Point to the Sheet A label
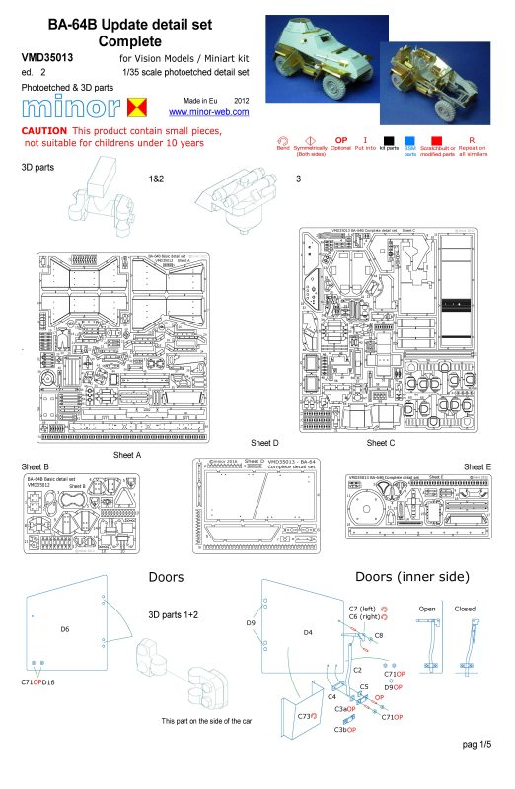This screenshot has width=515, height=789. pyautogui.click(x=127, y=454)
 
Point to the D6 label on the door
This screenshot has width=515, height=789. pyautogui.click(x=65, y=628)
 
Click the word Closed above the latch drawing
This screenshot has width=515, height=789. pyautogui.click(x=464, y=609)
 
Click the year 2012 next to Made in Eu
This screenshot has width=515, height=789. pyautogui.click(x=243, y=101)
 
